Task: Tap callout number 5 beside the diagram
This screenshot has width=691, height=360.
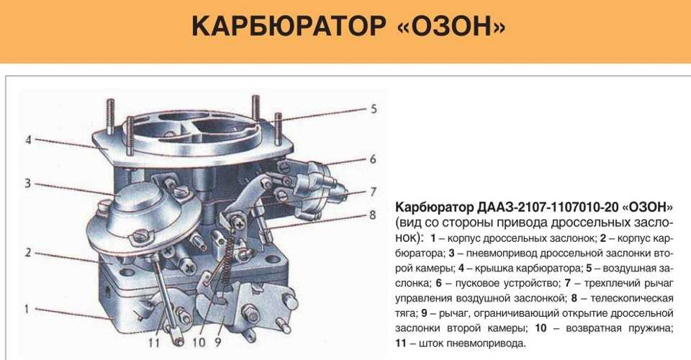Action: pyautogui.click(x=374, y=109)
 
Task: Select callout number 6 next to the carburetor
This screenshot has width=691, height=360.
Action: pyautogui.click(x=374, y=158)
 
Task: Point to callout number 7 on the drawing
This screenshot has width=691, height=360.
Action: pyautogui.click(x=374, y=192)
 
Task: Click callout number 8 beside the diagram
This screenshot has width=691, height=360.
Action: pyautogui.click(x=373, y=215)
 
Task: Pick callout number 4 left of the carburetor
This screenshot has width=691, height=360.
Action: pyautogui.click(x=29, y=140)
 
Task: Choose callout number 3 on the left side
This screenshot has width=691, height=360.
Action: pyautogui.click(x=28, y=183)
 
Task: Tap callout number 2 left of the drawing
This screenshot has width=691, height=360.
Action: pyautogui.click(x=28, y=253)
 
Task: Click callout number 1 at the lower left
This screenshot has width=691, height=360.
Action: pyautogui.click(x=27, y=309)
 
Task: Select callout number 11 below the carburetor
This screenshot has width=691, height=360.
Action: pyautogui.click(x=153, y=342)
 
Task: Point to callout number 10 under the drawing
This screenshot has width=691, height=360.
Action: pyautogui.click(x=199, y=342)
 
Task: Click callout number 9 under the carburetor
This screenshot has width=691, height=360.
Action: pyautogui.click(x=217, y=342)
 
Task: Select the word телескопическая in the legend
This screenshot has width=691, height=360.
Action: pyautogui.click(x=632, y=298)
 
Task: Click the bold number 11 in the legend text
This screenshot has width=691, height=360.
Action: pyautogui.click(x=401, y=343)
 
